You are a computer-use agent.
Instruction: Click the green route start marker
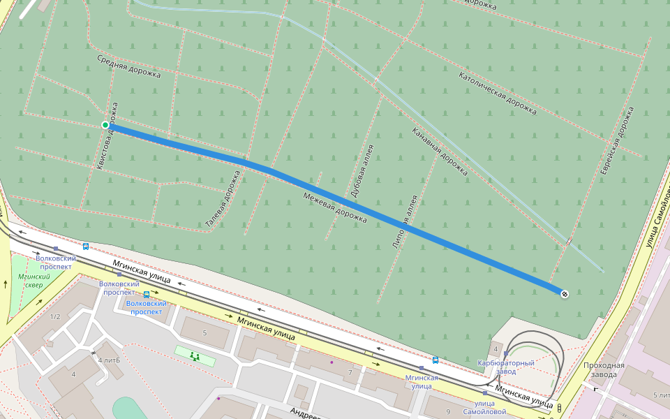[x=105, y=125]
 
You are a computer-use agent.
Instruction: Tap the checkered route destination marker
[x=564, y=294]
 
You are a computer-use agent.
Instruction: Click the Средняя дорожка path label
[x=128, y=66]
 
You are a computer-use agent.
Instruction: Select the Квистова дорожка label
[x=110, y=136]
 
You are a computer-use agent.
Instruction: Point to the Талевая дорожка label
[x=223, y=199]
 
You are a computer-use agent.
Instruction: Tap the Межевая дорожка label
[x=335, y=207]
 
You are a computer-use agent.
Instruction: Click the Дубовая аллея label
[x=362, y=170]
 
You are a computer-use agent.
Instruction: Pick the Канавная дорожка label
[x=440, y=150]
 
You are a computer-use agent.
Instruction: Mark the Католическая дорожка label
[x=498, y=92]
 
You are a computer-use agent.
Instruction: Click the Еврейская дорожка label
[x=618, y=140]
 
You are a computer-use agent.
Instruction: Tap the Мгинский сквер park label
[x=30, y=281]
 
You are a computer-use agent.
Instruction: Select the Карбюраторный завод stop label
[x=505, y=367]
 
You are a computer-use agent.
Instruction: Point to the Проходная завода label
[x=604, y=369]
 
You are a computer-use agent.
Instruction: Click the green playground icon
[x=195, y=356]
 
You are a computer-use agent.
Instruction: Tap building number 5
[x=204, y=333]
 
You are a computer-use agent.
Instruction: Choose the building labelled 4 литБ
[x=109, y=360]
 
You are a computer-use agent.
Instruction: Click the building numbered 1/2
[x=55, y=316]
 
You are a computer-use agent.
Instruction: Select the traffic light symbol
[x=559, y=408]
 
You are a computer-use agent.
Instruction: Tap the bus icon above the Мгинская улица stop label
[x=435, y=360]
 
